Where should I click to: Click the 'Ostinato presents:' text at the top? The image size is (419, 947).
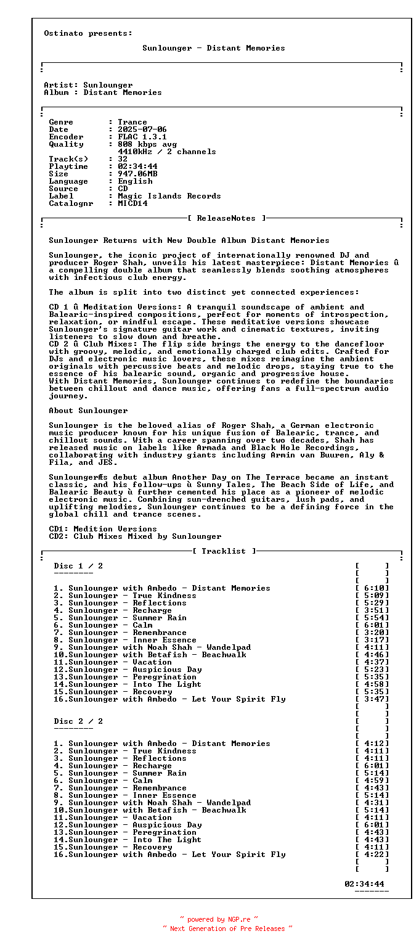point(88,33)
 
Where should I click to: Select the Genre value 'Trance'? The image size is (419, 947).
point(132,122)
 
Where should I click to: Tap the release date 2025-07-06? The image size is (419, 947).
point(142,129)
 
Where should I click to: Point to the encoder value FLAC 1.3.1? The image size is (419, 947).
point(142,137)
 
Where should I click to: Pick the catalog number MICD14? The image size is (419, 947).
point(132,203)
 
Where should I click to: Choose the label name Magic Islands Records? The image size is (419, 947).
point(169,196)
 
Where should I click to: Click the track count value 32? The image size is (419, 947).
point(123,159)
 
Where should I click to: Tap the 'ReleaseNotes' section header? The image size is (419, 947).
point(226,218)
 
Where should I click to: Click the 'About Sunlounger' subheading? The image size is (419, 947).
point(88,411)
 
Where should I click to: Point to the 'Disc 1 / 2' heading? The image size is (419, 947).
point(78,566)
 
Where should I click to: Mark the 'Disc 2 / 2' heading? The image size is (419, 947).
point(78,721)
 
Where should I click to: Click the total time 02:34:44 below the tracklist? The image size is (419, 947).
point(364,884)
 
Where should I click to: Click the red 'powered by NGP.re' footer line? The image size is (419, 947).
point(219,919)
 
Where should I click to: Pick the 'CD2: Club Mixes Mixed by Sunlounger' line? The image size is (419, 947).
point(135,536)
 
